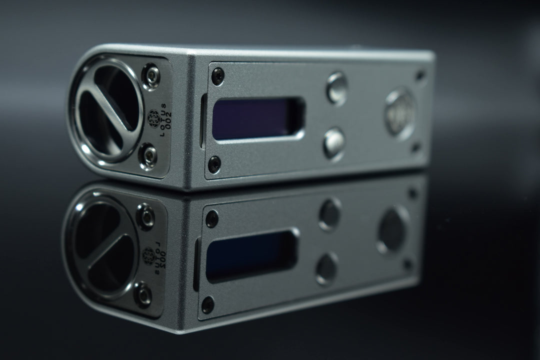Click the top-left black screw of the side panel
point(217,76)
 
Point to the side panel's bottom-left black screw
point(214,164)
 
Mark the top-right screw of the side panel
point(420,75)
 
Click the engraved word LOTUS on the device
point(162,118)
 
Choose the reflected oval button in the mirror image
point(393,229)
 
